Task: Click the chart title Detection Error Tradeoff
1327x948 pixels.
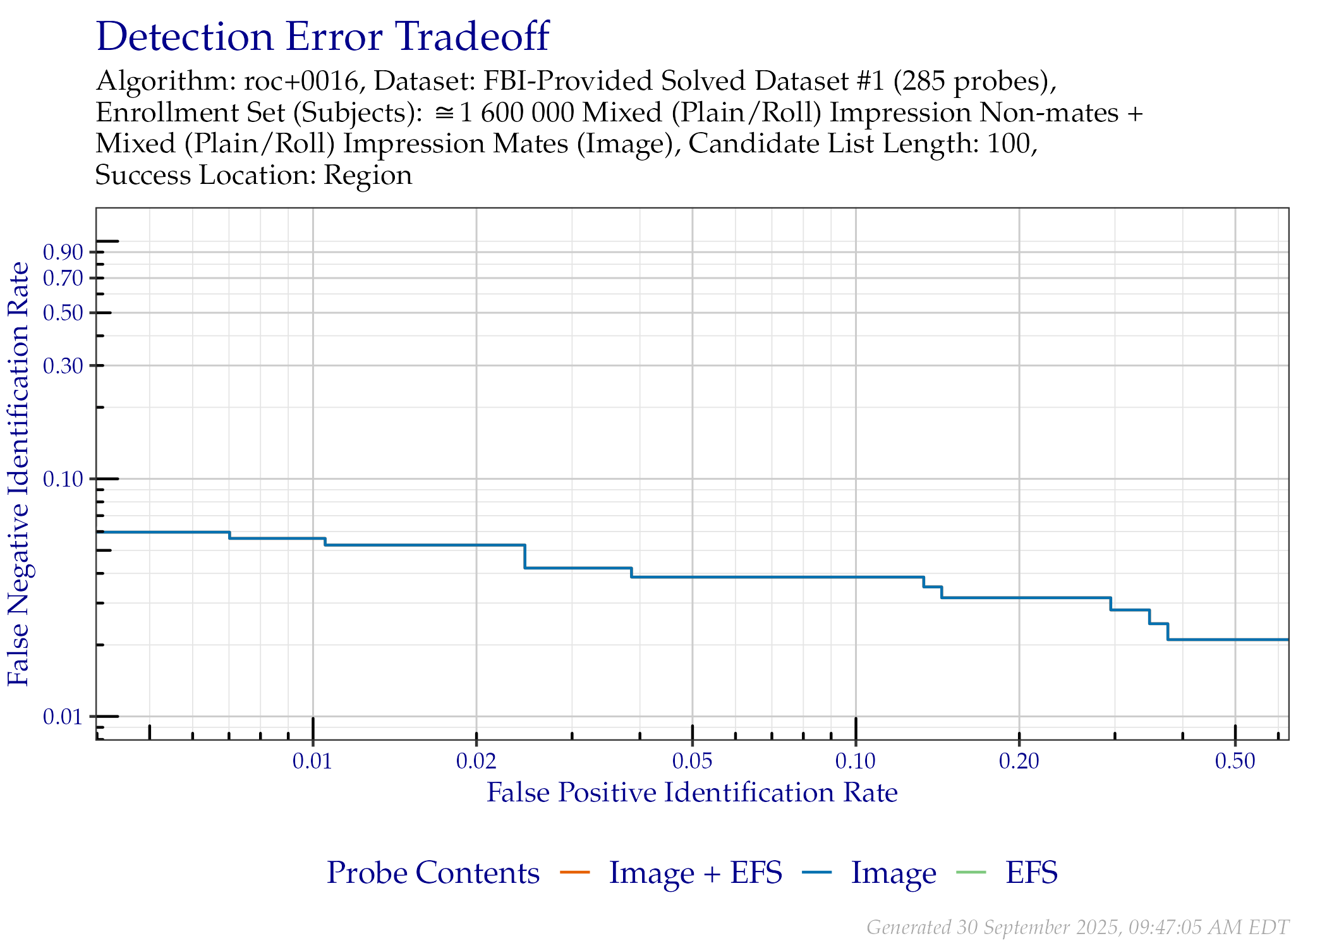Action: click(322, 36)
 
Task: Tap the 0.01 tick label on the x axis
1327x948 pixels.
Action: click(312, 761)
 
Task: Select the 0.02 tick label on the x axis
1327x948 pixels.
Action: click(476, 761)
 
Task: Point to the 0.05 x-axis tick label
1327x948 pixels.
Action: click(692, 761)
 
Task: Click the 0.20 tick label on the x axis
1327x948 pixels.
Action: click(1019, 761)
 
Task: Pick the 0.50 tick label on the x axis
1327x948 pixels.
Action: click(1235, 761)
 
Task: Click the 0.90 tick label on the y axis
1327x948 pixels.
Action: click(63, 252)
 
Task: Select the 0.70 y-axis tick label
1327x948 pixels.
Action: click(63, 278)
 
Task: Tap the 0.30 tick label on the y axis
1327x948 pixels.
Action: click(63, 365)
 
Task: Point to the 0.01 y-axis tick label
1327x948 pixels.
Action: click(63, 717)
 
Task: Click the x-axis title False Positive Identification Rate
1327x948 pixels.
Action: click(692, 793)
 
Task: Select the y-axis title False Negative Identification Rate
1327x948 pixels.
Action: click(18, 474)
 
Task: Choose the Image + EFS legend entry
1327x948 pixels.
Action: click(671, 873)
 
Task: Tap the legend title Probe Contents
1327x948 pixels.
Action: click(433, 873)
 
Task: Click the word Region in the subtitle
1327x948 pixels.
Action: click(368, 175)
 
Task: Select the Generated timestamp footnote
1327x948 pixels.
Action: click(1077, 927)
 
